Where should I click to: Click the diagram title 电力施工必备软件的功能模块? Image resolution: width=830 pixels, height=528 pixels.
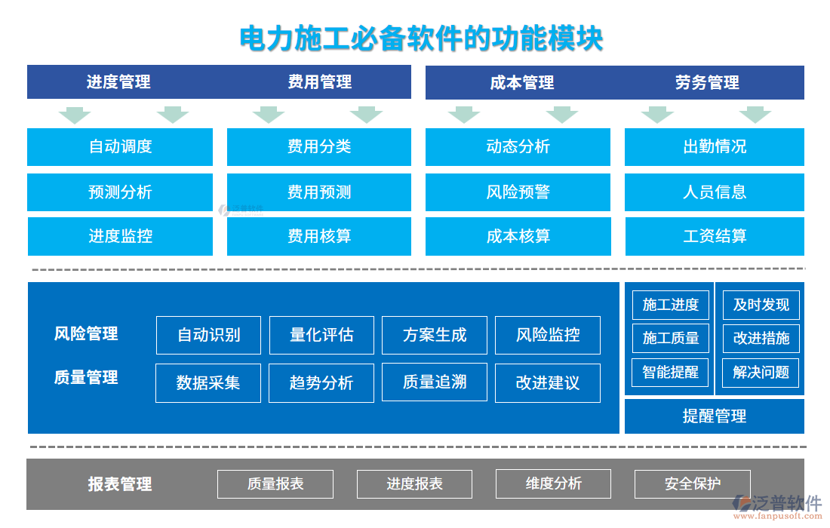click(421, 38)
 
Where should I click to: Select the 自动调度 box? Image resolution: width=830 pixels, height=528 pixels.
click(120, 147)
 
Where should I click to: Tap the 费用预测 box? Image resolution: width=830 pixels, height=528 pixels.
click(319, 192)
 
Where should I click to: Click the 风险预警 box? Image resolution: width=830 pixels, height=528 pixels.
click(518, 192)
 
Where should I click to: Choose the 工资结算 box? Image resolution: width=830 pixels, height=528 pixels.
click(715, 237)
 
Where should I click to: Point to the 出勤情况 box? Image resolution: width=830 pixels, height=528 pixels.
click(715, 147)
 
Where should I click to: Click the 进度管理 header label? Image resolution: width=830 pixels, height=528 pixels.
click(118, 82)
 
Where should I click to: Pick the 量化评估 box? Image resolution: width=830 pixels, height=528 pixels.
click(321, 335)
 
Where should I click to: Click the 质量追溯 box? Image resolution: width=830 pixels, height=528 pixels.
click(435, 382)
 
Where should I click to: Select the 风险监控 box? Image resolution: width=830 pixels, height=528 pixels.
click(548, 335)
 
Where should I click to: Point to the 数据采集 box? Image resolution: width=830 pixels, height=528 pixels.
click(208, 383)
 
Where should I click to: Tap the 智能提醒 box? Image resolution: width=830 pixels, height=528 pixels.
click(671, 372)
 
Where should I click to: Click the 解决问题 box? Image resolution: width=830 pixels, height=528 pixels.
click(761, 372)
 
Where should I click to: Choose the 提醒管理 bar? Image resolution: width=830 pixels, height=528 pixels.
click(715, 416)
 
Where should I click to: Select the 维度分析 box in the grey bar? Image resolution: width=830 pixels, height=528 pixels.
click(554, 483)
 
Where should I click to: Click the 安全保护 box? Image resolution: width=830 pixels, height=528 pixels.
click(693, 484)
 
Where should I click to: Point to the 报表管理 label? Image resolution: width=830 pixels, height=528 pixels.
click(120, 484)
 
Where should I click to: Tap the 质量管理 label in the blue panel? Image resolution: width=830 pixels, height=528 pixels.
click(86, 377)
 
